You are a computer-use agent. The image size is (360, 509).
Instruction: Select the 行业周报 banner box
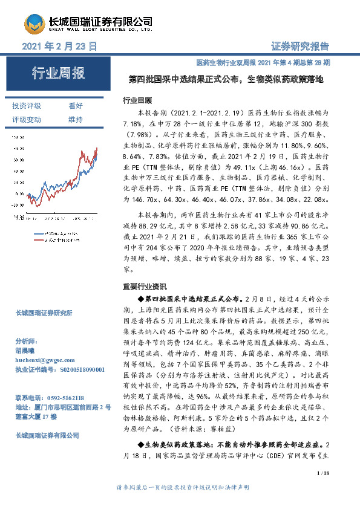(59, 74)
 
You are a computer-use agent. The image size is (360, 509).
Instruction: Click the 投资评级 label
(27, 106)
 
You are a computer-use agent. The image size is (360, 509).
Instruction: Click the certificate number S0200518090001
(76, 368)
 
